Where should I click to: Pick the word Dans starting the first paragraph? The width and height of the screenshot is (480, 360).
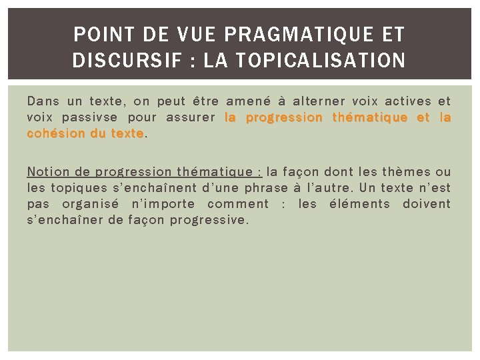tap(43, 101)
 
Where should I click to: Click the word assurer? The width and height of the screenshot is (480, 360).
tap(190, 118)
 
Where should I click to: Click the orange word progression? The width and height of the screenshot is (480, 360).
tap(284, 118)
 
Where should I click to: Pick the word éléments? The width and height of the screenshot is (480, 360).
tap(360, 203)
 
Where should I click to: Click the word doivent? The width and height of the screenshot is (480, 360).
tap(427, 203)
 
